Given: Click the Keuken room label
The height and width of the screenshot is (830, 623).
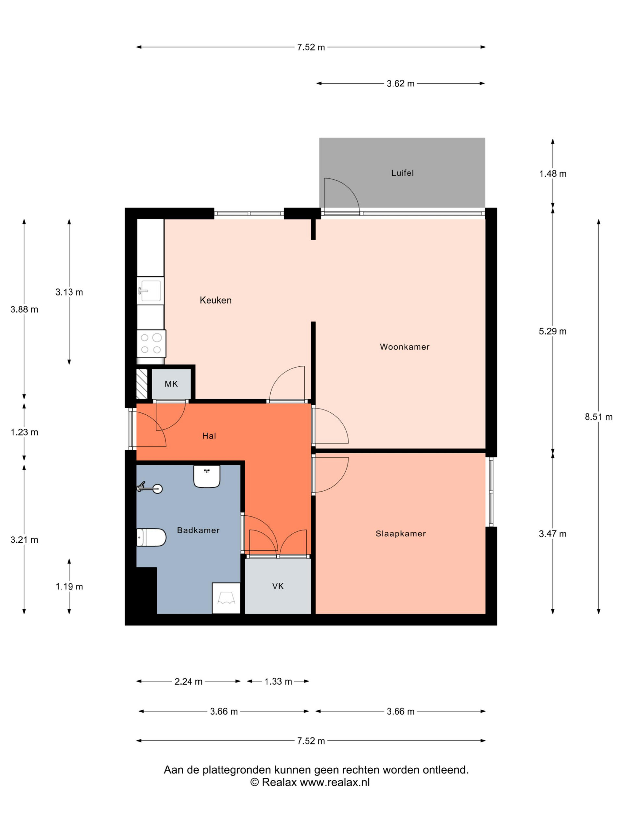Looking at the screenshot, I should (x=215, y=300).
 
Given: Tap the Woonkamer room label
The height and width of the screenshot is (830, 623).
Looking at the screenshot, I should (x=404, y=347).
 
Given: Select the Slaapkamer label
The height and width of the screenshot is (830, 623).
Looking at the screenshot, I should (x=401, y=534).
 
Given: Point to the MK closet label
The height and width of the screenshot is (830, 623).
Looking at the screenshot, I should (x=171, y=384).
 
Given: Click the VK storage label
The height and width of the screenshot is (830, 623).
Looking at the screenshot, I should (x=278, y=586).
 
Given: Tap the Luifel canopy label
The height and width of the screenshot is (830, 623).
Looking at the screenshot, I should (x=402, y=173).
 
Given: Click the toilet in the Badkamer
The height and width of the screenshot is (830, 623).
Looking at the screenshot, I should (x=151, y=537).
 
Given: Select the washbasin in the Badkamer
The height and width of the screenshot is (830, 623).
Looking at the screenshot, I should (x=207, y=476).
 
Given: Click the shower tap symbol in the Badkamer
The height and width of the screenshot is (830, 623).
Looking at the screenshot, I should (x=150, y=488).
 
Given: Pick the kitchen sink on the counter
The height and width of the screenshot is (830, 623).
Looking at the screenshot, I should (x=150, y=291).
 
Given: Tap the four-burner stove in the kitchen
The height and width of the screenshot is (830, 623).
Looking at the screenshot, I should (x=151, y=343).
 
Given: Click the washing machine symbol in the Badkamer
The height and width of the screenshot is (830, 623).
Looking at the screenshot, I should (x=226, y=598).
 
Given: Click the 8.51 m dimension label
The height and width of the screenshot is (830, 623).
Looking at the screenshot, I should (x=598, y=417).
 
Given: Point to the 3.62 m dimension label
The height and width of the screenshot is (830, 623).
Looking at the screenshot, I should (x=400, y=84).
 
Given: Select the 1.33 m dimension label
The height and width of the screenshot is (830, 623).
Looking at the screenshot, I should (x=278, y=682).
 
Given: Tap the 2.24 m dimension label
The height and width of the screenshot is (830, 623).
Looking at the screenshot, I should (x=188, y=682).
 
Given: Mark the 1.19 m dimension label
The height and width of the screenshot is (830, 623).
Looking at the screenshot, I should (x=69, y=587).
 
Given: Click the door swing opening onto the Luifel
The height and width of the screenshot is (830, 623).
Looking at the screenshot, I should (x=341, y=195).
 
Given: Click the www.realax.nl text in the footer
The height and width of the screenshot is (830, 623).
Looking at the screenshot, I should (x=335, y=782).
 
